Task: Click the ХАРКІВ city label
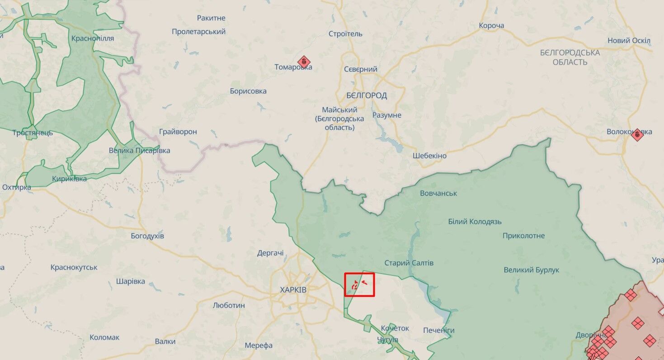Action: pos(293,289)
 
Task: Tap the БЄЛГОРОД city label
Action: pos(367,95)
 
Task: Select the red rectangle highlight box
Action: pos(360,284)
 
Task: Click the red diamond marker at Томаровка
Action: pos(304,62)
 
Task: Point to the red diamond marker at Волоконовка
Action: pos(637,134)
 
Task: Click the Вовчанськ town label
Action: pos(438,193)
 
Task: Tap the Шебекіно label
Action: pos(429,156)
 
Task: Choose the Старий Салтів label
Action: pos(409,263)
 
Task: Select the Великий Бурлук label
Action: pos(532,270)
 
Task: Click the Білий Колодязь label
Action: pos(475,222)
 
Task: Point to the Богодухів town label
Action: pos(147,236)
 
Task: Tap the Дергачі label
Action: pos(270,253)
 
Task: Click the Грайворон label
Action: pos(178,132)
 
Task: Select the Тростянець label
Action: pos(33,133)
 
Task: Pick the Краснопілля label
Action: pos(93,38)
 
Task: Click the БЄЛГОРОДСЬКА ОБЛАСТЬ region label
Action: pos(570,57)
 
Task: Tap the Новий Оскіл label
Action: pos(629,40)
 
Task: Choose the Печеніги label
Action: pos(439,330)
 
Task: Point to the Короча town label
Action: pos(491,25)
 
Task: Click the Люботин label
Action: pos(229,305)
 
